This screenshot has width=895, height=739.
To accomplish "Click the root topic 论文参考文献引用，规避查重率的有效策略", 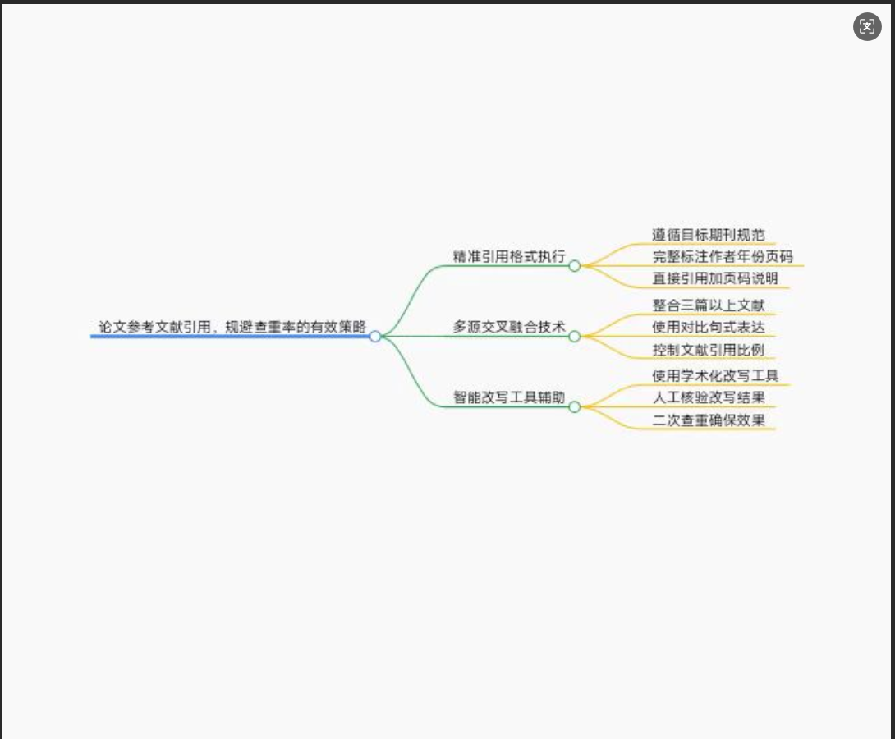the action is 232,326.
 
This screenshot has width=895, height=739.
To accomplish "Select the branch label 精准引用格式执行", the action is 509,256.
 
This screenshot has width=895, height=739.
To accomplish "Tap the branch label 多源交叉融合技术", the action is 509,327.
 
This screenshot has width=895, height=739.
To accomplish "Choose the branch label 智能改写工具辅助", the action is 509,397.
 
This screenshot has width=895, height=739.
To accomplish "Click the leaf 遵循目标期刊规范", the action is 709,235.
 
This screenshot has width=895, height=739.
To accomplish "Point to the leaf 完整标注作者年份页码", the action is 723,257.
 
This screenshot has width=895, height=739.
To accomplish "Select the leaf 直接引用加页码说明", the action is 715,278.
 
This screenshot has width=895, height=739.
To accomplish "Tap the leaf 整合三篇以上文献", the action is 709,305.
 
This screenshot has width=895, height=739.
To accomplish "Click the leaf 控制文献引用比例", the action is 709,350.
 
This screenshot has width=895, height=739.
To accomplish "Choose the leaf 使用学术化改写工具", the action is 715,376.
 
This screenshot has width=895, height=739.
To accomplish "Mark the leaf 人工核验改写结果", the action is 709,398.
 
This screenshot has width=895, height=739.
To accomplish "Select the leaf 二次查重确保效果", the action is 709,420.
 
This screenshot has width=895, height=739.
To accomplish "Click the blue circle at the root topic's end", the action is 375,336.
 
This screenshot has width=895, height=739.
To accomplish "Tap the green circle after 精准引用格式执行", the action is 575,265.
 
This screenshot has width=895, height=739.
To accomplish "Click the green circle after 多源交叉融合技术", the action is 575,336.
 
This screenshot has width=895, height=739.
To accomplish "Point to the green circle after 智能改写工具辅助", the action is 575,406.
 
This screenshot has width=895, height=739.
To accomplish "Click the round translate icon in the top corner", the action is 867,27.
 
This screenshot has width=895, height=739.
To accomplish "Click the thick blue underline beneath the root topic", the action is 230,337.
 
